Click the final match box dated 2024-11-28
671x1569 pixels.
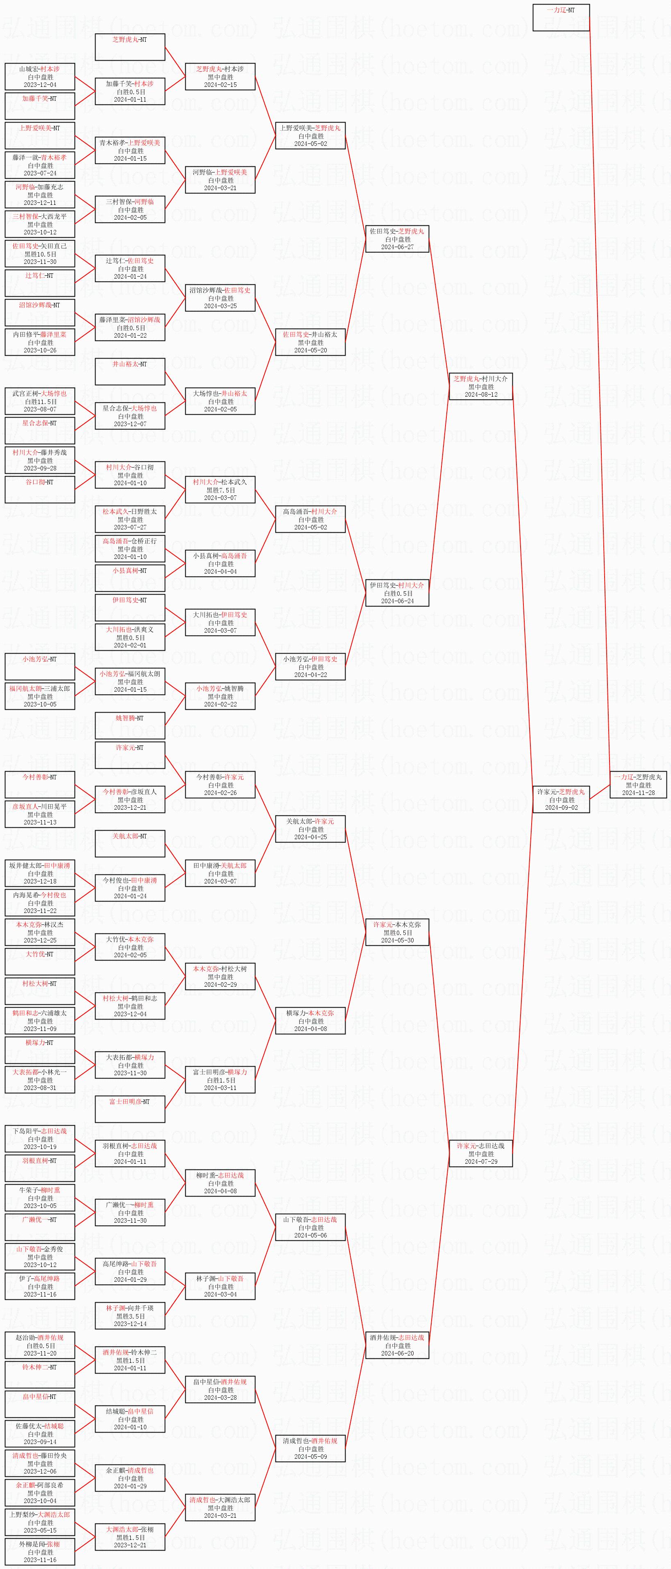638,784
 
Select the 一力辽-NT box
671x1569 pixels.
561,18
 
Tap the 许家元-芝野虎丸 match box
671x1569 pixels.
561,799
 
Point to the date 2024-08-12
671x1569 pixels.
481,395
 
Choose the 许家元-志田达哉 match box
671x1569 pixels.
481,1153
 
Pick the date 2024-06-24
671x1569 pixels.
397,601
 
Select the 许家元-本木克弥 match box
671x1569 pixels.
397,932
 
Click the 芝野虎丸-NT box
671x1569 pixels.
130,47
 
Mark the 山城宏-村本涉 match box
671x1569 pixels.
40,77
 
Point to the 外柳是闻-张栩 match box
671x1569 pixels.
40,1551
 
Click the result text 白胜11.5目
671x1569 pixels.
40,402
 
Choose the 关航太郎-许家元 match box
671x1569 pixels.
310,829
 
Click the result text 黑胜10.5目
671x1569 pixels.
40,254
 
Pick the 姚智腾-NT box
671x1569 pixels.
130,725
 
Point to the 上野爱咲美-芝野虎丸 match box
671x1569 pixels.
310,136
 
